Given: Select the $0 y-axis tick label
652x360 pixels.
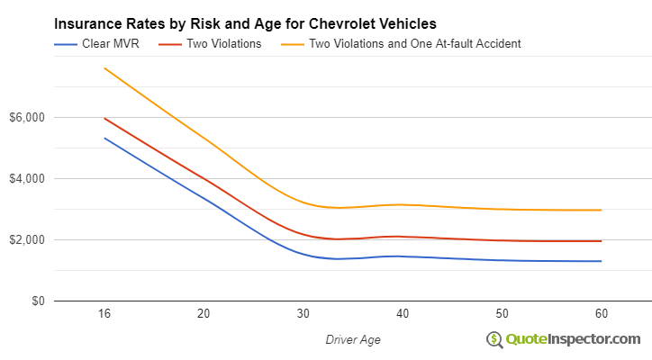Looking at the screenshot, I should point(36,301).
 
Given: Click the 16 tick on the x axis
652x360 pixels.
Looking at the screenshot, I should point(104,314).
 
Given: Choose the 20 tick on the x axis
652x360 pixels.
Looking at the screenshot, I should point(204,314).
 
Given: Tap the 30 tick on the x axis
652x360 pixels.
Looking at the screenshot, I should point(303,314).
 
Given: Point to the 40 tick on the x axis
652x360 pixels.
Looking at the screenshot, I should point(403,314).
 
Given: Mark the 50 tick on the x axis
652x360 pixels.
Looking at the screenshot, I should point(502,314).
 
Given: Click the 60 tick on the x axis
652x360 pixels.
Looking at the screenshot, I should point(601,314).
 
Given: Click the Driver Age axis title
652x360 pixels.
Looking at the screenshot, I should point(352,338).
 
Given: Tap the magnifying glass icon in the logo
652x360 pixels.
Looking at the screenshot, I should point(494,339).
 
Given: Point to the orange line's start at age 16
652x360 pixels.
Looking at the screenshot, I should point(104,68).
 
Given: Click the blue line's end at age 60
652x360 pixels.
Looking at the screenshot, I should point(601,261).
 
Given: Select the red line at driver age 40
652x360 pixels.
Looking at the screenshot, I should point(403,237).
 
